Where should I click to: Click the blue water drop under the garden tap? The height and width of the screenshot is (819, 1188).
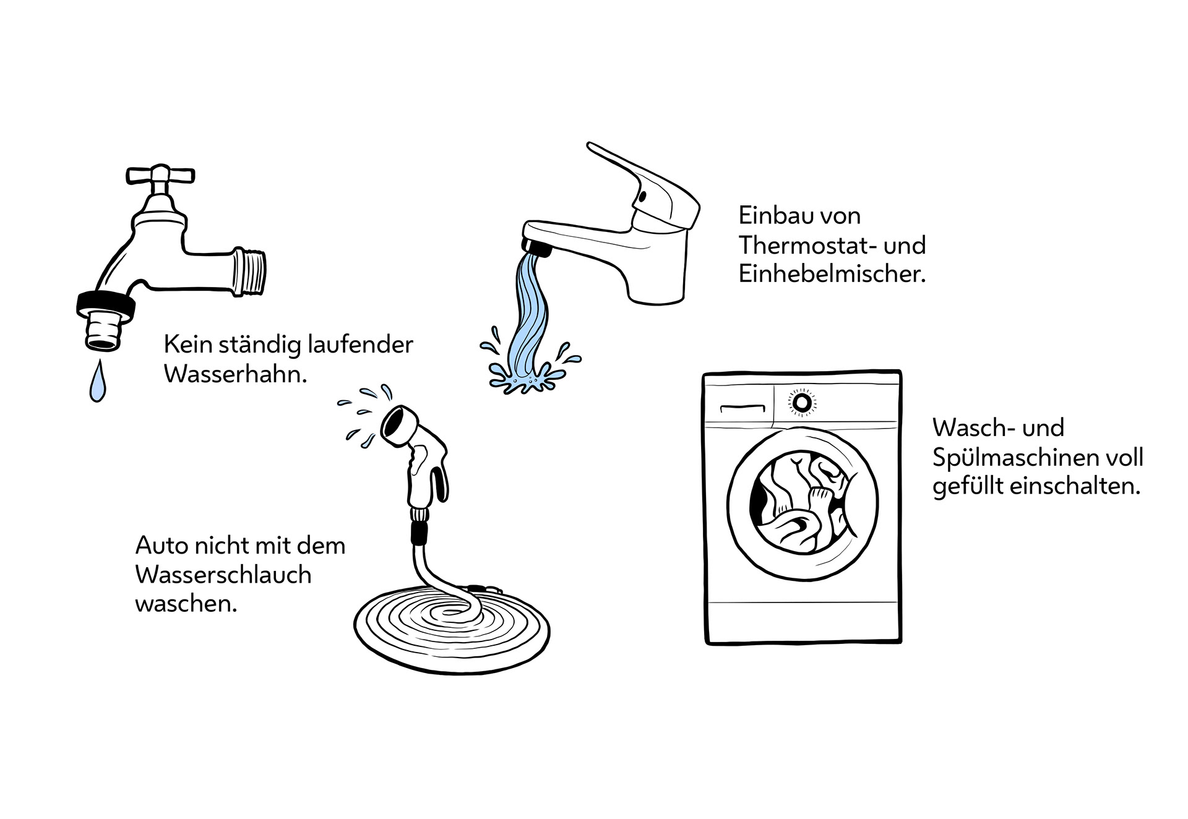tap(97, 384)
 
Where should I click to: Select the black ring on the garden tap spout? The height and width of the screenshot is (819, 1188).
tap(105, 304)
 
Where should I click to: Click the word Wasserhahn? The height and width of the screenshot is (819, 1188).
tap(235, 375)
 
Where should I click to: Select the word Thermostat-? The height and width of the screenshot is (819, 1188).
tap(808, 246)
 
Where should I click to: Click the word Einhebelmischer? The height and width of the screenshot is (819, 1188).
tap(832, 274)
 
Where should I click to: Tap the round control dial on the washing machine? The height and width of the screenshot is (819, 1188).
tap(802, 403)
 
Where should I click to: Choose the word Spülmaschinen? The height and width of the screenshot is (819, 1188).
tap(1009, 458)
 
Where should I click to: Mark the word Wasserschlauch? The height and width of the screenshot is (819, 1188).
tap(223, 575)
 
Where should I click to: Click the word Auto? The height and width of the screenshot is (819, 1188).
tap(161, 546)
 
